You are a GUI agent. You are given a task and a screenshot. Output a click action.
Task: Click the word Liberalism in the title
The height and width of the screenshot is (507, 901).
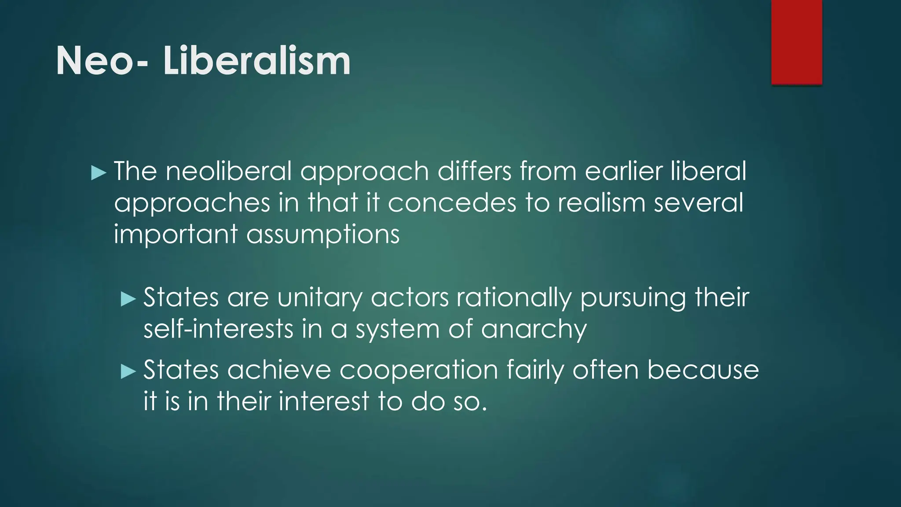(257, 61)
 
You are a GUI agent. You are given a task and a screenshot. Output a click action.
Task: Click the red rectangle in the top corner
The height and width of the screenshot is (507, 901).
(796, 42)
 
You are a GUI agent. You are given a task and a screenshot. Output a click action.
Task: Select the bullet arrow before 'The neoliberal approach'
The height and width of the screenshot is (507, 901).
(99, 173)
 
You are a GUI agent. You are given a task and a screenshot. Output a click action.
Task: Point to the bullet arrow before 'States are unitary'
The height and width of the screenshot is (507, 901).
(128, 300)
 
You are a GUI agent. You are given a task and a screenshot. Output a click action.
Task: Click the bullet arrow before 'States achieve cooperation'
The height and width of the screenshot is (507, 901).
(128, 372)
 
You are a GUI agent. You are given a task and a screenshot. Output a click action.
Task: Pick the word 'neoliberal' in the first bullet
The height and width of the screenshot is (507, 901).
(229, 171)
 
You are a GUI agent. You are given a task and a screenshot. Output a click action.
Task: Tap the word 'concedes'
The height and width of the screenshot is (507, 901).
(452, 203)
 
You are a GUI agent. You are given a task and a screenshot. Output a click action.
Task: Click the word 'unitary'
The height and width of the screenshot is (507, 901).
(320, 298)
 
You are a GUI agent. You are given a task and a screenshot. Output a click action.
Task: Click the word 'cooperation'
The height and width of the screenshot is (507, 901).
(418, 370)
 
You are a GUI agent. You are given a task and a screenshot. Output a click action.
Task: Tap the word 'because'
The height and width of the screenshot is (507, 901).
(703, 370)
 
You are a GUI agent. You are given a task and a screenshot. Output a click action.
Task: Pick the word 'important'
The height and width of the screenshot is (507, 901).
(176, 235)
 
